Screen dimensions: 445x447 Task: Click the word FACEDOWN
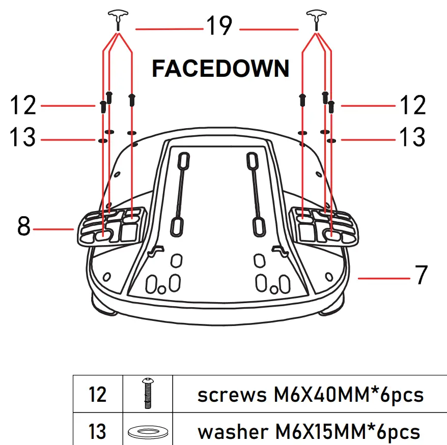pyautogui.click(x=220, y=69)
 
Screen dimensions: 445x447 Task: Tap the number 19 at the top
pyautogui.click(x=219, y=26)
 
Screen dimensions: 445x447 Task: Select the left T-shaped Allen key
pyautogui.click(x=118, y=18)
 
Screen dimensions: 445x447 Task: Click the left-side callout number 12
pyautogui.click(x=23, y=106)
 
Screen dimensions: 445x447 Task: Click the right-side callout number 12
pyautogui.click(x=412, y=106)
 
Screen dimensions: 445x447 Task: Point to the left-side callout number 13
pyautogui.click(x=23, y=137)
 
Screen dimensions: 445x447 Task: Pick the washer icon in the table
pyautogui.click(x=148, y=432)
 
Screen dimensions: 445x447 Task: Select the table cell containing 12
pyautogui.click(x=98, y=395)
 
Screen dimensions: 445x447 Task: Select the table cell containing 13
pyautogui.click(x=98, y=432)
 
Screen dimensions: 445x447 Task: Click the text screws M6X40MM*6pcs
pyautogui.click(x=310, y=395)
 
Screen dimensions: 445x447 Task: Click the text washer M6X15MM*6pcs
pyautogui.click(x=309, y=432)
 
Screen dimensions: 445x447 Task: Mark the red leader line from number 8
pyautogui.click(x=53, y=229)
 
